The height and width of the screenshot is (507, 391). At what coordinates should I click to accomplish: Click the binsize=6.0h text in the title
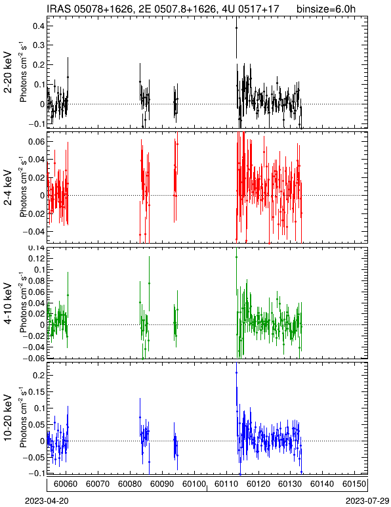(326, 9)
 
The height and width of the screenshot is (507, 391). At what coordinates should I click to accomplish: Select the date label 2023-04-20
(47, 501)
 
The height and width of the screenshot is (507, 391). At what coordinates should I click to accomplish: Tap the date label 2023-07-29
(367, 501)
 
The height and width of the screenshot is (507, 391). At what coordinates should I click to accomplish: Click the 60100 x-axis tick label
(194, 484)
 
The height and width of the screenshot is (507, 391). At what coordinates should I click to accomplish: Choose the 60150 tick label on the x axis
(354, 484)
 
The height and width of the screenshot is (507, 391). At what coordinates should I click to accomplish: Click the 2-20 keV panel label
(8, 72)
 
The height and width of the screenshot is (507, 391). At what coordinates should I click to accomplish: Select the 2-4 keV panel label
(8, 188)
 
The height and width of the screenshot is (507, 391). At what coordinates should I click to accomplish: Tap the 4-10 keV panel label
(8, 303)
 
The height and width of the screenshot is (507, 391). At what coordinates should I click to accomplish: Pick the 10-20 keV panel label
(8, 418)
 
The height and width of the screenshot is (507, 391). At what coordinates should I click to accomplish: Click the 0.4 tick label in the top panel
(39, 26)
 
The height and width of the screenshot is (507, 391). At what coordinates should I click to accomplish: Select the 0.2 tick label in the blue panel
(39, 375)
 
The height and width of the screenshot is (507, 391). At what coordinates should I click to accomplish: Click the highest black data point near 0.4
(236, 28)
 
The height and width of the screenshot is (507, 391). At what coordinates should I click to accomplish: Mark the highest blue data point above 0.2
(236, 372)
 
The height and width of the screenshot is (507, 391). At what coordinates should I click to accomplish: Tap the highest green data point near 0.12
(236, 257)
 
